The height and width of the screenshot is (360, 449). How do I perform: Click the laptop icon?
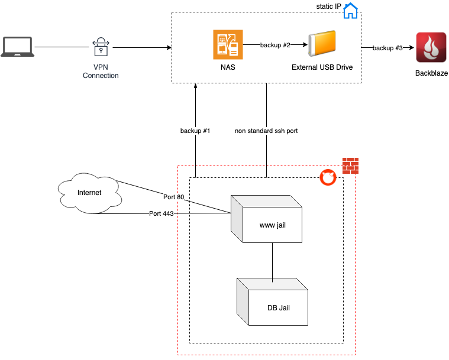click(18, 47)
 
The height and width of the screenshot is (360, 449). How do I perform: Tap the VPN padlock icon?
click(101, 47)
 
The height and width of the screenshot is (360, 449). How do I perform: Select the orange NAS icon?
click(228, 45)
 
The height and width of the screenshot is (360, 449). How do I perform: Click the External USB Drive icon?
click(322, 43)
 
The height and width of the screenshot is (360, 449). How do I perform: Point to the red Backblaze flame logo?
click(431, 47)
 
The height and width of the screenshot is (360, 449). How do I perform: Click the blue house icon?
click(350, 11)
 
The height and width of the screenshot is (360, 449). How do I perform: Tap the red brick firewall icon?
click(350, 166)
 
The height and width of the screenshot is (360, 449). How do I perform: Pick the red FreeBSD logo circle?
click(328, 177)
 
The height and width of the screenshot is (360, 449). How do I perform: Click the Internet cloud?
click(90, 193)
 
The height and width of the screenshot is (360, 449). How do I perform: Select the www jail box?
click(266, 219)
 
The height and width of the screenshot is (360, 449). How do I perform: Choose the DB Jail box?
click(272, 301)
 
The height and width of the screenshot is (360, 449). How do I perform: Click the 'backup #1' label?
click(195, 131)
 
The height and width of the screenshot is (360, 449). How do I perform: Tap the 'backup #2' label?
click(275, 45)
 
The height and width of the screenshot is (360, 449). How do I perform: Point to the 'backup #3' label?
click(387, 48)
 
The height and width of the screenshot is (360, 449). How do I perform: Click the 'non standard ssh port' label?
click(266, 131)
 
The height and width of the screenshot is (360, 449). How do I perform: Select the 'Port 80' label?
click(173, 197)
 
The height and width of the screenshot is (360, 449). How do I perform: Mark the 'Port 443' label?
click(161, 213)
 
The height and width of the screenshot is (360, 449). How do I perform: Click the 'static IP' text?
click(328, 7)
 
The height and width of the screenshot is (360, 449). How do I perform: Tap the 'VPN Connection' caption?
click(101, 72)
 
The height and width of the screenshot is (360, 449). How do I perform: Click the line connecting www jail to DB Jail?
click(272, 262)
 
